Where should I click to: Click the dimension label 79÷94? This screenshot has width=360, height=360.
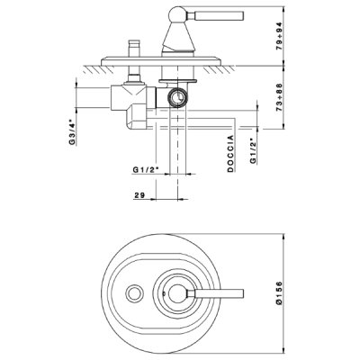click(279, 36)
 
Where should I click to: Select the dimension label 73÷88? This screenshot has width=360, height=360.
click(279, 97)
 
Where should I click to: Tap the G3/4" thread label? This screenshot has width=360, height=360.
click(72, 131)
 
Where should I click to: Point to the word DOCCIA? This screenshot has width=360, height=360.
click(230, 154)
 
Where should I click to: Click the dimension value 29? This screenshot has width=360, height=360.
click(139, 195)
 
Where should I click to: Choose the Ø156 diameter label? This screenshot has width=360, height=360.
click(279, 293)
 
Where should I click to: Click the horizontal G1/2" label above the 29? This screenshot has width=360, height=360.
click(146, 170)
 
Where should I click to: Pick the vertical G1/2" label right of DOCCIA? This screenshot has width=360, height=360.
click(254, 151)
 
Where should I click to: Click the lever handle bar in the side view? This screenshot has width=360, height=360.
click(215, 15)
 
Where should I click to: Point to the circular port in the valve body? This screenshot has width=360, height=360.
click(178, 97)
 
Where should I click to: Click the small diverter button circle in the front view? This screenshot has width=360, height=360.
click(134, 293)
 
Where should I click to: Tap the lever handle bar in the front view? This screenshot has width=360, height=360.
click(215, 293)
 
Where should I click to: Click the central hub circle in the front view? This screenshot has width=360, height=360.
click(178, 293)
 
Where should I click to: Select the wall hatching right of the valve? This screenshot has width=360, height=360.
click(219, 69)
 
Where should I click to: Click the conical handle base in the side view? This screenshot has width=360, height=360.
click(178, 36)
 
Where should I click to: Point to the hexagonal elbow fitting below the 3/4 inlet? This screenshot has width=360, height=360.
click(136, 117)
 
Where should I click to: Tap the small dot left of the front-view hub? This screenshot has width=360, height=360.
click(164, 293)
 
